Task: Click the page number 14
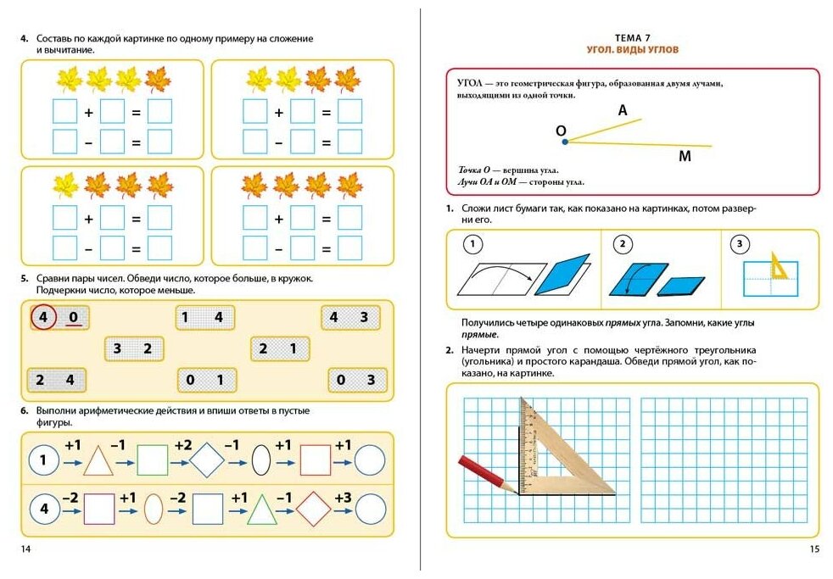(x=25, y=549)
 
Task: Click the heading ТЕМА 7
(x=633, y=38)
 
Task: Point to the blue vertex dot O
(x=565, y=142)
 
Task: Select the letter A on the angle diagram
(x=623, y=110)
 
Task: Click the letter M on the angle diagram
(x=685, y=156)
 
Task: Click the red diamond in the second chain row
(x=315, y=509)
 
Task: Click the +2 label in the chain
(x=182, y=446)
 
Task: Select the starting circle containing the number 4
(x=44, y=510)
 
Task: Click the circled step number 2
(x=622, y=246)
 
